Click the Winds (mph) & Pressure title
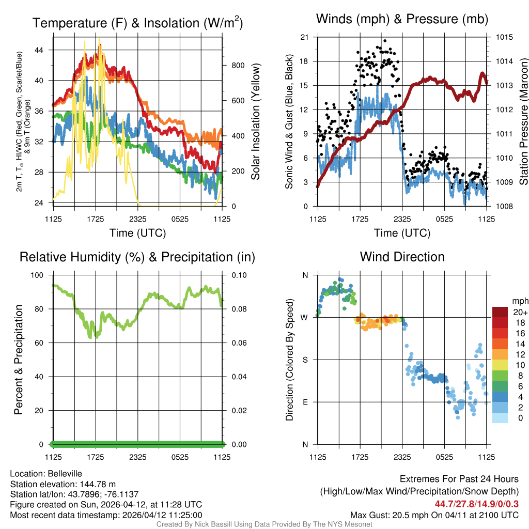coord(402,20)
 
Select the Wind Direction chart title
coord(402,257)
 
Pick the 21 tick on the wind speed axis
coord(304,37)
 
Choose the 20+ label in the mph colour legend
coord(520,312)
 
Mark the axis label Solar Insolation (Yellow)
coord(255,121)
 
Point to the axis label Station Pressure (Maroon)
coord(523,121)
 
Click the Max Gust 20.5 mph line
coord(434,515)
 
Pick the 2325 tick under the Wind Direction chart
coord(402,457)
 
